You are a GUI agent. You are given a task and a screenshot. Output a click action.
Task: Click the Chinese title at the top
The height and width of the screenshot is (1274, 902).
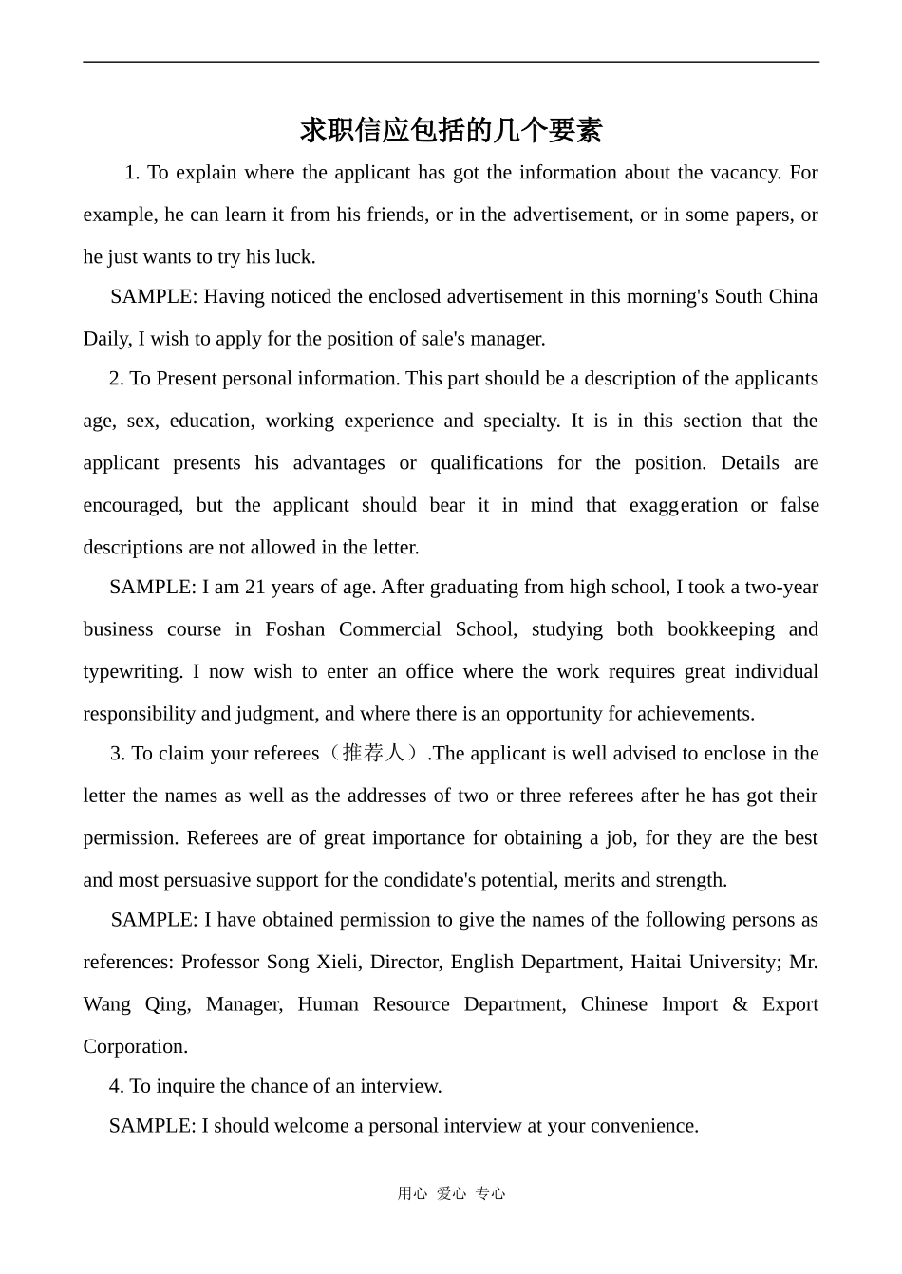(x=451, y=130)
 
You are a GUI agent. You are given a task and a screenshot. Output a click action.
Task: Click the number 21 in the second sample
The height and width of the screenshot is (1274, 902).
(x=255, y=588)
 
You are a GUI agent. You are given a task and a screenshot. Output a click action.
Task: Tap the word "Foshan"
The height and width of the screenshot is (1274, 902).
(x=295, y=630)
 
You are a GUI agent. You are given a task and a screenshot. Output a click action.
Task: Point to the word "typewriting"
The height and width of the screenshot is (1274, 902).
(x=132, y=672)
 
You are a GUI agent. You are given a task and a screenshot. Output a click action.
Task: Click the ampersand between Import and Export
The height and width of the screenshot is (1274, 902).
(x=740, y=1005)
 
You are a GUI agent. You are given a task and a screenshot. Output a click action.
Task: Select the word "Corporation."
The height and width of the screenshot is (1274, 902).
(x=135, y=1047)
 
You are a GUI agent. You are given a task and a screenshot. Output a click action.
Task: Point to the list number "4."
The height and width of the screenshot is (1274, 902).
(x=116, y=1087)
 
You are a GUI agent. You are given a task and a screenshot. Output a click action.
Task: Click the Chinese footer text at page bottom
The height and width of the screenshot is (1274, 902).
(x=451, y=1194)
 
